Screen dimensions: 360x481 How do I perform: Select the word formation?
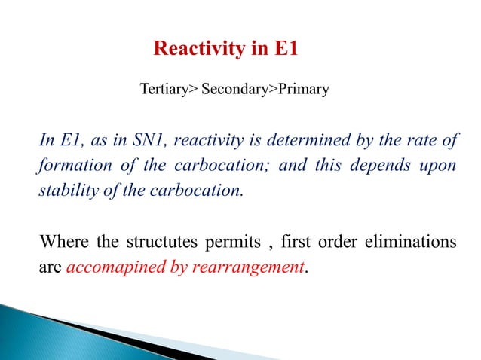(72, 165)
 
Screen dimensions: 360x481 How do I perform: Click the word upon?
(442, 165)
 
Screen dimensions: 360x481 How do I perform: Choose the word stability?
(66, 189)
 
